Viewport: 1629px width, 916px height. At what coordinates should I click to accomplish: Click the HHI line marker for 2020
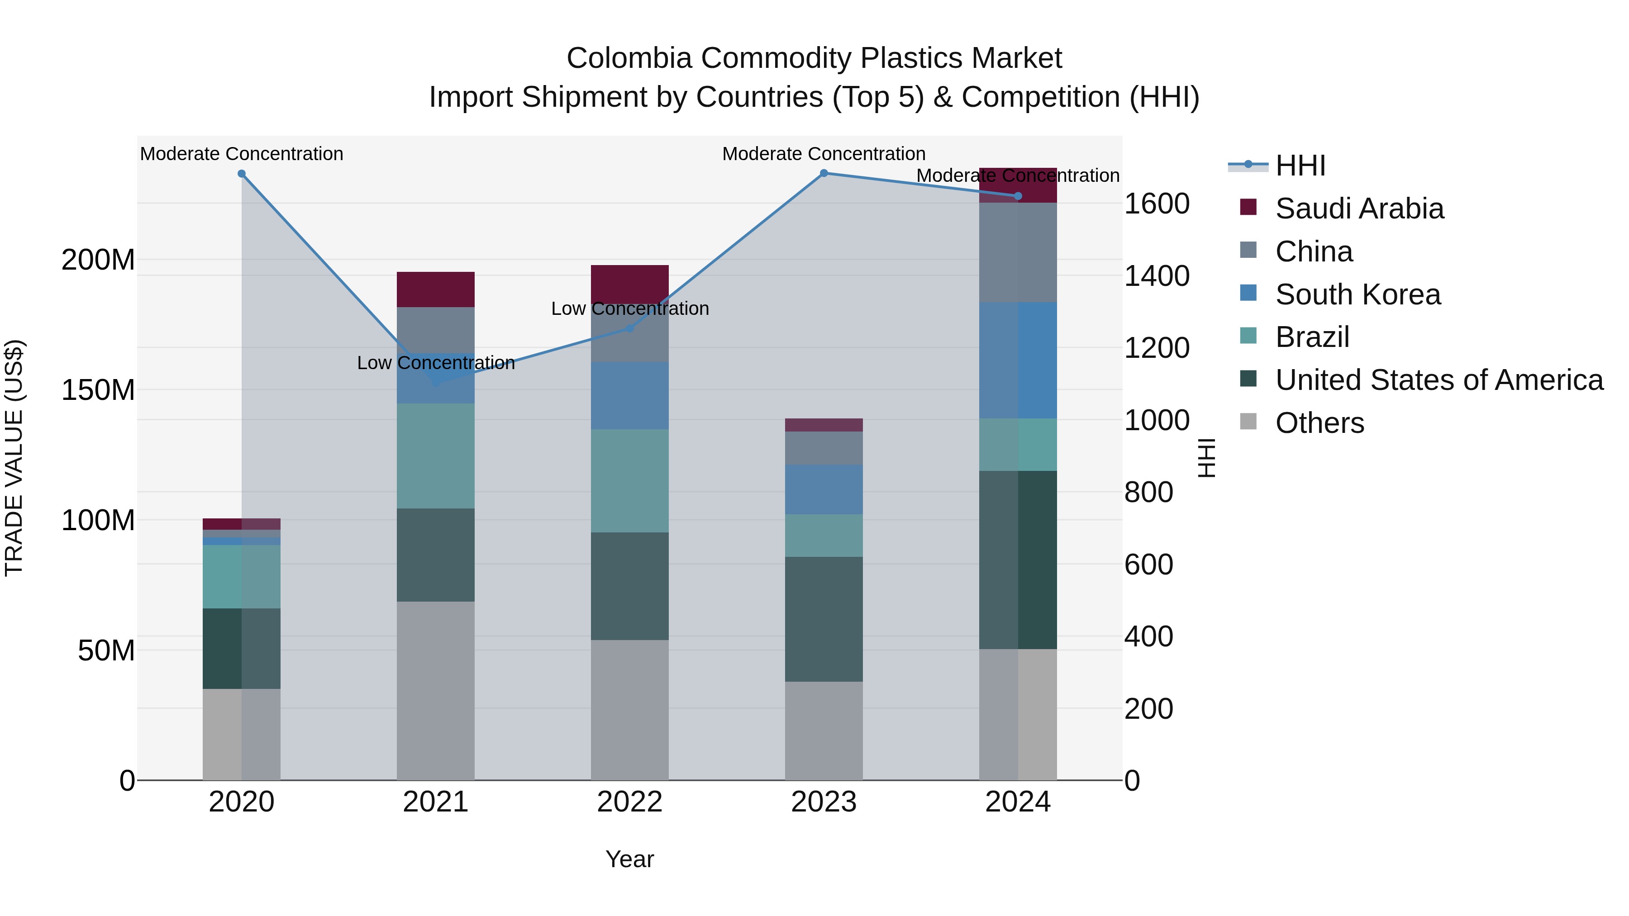(242, 174)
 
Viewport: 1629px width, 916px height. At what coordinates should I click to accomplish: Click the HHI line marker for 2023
(824, 173)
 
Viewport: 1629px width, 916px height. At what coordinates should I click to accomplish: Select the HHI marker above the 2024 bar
(1018, 196)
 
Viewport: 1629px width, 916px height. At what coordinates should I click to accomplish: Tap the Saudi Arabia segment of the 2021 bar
(436, 290)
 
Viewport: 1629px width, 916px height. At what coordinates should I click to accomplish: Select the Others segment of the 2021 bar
(436, 690)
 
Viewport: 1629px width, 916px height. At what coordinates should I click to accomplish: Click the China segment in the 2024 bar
(1018, 252)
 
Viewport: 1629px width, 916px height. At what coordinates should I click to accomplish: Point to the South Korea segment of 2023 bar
(824, 489)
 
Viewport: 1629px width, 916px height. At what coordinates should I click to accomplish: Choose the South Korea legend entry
(1357, 294)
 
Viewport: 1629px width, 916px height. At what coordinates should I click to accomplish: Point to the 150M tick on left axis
(98, 390)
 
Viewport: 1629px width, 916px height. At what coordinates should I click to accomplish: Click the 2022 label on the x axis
(629, 802)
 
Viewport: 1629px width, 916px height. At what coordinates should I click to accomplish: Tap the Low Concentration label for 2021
(436, 363)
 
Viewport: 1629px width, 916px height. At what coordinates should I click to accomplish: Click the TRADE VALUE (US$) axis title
(14, 458)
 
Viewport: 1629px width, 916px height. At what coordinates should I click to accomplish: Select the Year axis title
(629, 859)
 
